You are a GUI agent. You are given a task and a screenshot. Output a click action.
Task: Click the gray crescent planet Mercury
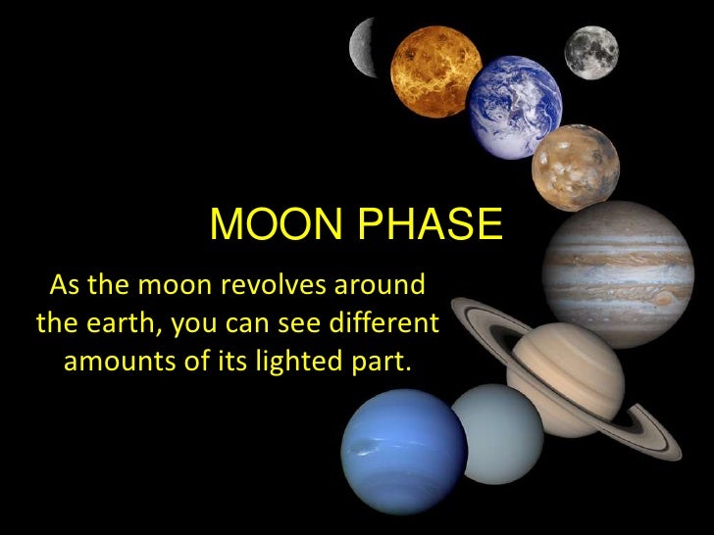[x=365, y=45]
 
